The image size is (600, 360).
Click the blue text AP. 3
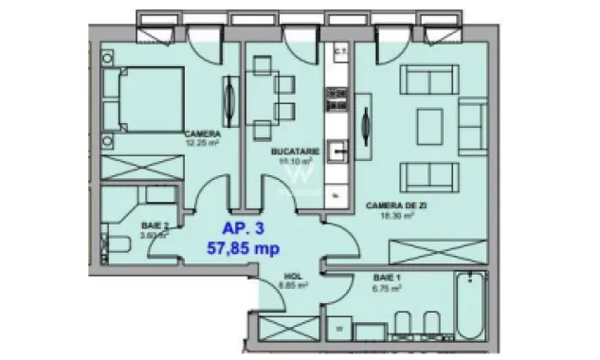(243, 228)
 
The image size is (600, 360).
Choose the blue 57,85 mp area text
(243, 248)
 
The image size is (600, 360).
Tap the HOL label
(290, 272)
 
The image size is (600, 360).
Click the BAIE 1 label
(387, 279)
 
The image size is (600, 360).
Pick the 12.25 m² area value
(202, 144)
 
